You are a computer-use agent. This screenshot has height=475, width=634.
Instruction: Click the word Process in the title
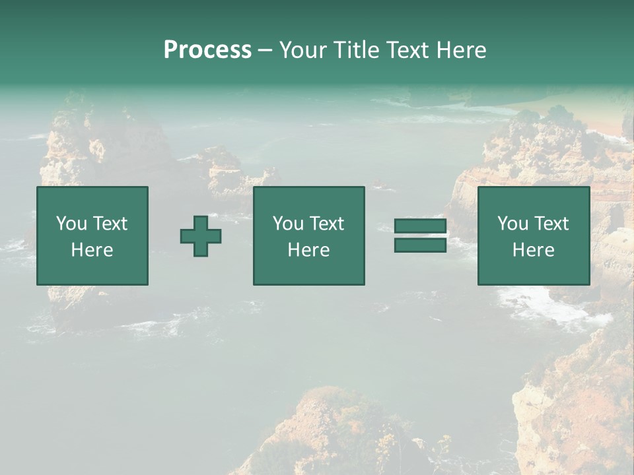pyautogui.click(x=207, y=50)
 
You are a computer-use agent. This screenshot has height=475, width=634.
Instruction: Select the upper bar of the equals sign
pyautogui.click(x=420, y=226)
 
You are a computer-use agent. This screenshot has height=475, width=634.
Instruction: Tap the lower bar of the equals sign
pyautogui.click(x=420, y=245)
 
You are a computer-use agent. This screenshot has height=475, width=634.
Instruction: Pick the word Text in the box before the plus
pyautogui.click(x=109, y=224)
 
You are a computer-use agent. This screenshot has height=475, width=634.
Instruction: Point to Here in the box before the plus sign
pyautogui.click(x=92, y=250)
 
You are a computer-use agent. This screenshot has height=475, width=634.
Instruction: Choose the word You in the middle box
pyautogui.click(x=288, y=224)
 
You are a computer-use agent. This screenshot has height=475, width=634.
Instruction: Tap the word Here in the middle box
pyautogui.click(x=308, y=250)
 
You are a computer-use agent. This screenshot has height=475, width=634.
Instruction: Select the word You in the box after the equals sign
pyautogui.click(x=512, y=224)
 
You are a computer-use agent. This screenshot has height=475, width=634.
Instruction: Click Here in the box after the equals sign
pyautogui.click(x=533, y=250)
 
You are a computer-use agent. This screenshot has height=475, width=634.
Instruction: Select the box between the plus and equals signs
pyautogui.click(x=308, y=270)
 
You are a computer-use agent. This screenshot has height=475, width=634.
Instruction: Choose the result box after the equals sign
pyautogui.click(x=533, y=270)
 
